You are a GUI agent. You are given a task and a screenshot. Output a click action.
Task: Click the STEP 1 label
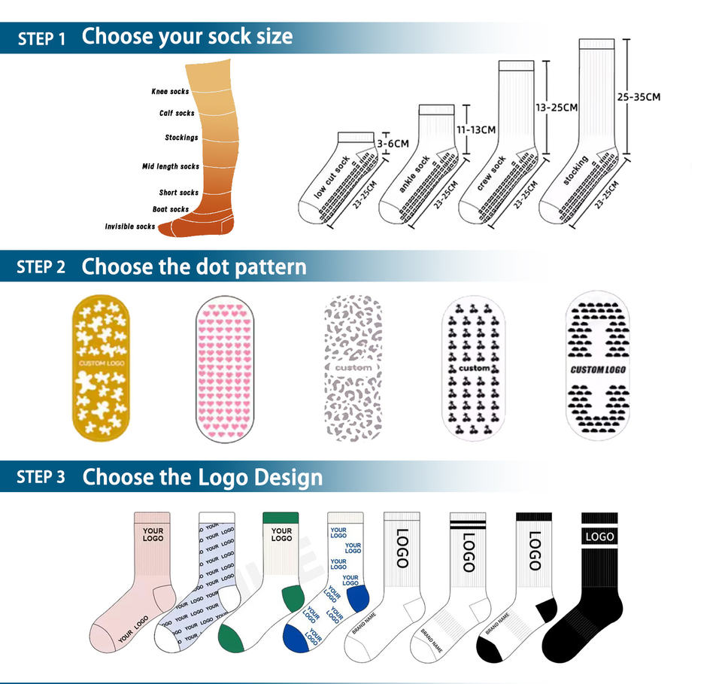click(41, 38)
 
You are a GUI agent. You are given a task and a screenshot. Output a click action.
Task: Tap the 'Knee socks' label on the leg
click(170, 92)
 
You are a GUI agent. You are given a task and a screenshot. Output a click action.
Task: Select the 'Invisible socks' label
click(130, 226)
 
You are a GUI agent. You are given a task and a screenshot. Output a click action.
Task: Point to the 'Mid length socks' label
click(171, 166)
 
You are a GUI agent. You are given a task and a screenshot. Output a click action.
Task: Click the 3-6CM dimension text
click(393, 143)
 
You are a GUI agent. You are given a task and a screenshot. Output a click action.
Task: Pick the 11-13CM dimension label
click(476, 129)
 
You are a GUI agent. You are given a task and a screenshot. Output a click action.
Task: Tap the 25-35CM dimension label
click(639, 97)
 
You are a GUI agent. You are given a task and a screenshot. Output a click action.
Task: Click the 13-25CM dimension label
click(557, 108)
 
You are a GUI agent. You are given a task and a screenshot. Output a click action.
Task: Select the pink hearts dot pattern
click(226, 369)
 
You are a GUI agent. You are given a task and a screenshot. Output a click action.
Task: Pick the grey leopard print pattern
click(353, 369)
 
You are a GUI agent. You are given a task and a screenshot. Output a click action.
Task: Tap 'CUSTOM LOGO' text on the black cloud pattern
click(598, 369)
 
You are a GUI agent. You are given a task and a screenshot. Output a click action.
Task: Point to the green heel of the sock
click(293, 597)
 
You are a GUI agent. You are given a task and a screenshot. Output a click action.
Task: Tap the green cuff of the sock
click(281, 517)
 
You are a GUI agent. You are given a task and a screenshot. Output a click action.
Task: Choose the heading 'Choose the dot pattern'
click(194, 267)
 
